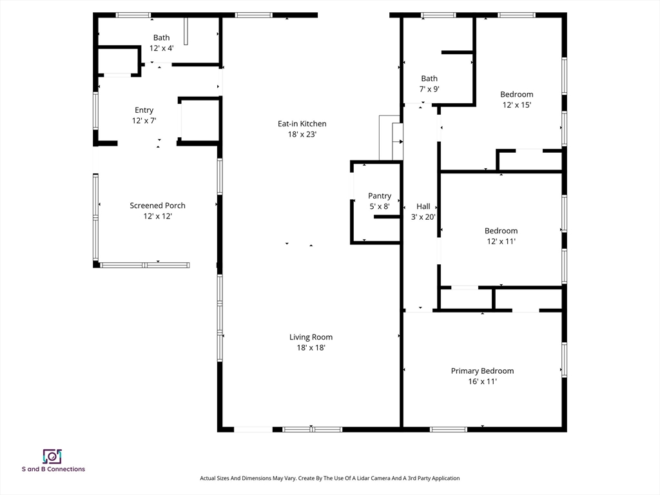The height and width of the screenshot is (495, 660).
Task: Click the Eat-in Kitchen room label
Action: click(x=302, y=124)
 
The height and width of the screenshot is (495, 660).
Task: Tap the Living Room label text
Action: click(x=311, y=337)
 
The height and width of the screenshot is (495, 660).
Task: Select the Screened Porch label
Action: click(x=157, y=206)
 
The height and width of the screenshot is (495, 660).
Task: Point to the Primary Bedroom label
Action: click(x=482, y=371)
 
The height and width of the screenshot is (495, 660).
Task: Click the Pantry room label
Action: click(x=380, y=196)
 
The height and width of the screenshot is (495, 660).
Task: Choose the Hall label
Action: click(x=423, y=206)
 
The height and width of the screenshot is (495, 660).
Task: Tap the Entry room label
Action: click(x=144, y=110)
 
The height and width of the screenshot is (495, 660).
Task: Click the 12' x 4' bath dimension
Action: click(x=162, y=48)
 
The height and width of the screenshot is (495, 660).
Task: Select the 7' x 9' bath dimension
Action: click(x=429, y=89)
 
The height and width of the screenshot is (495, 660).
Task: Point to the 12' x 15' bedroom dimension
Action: click(x=517, y=105)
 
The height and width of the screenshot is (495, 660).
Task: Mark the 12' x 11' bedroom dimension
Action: click(x=501, y=241)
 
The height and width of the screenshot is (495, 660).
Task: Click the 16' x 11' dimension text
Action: click(x=482, y=382)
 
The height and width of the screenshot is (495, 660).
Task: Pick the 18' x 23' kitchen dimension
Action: click(x=302, y=134)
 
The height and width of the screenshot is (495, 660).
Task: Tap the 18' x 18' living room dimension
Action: click(x=311, y=347)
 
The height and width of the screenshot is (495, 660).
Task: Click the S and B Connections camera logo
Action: click(x=52, y=456)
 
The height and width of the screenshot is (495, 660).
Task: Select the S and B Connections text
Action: click(x=53, y=469)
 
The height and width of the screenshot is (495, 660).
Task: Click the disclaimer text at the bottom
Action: click(x=329, y=478)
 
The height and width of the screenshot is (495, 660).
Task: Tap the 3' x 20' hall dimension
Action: click(x=423, y=217)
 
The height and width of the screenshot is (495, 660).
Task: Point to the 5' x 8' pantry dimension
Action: click(x=380, y=207)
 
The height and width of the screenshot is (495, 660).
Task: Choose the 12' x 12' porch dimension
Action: click(x=158, y=216)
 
